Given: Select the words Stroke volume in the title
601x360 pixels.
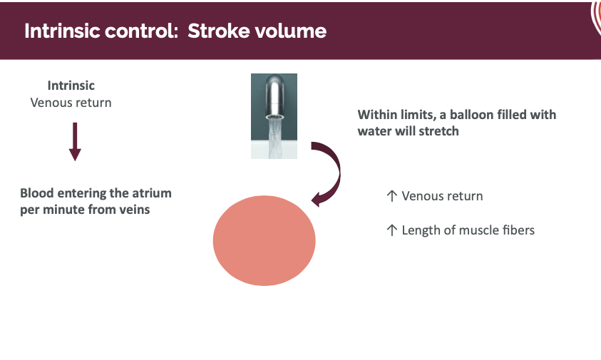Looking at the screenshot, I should [x=257, y=31].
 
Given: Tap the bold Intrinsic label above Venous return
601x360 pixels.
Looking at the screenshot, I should [x=71, y=86].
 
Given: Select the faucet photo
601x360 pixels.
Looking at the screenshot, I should [x=274, y=115].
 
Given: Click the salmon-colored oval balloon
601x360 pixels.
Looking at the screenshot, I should [x=264, y=240].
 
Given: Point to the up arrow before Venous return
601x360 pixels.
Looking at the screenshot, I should [x=391, y=196].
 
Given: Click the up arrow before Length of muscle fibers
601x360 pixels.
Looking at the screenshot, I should [x=391, y=230].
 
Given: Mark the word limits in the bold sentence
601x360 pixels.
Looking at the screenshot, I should [x=413, y=115].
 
